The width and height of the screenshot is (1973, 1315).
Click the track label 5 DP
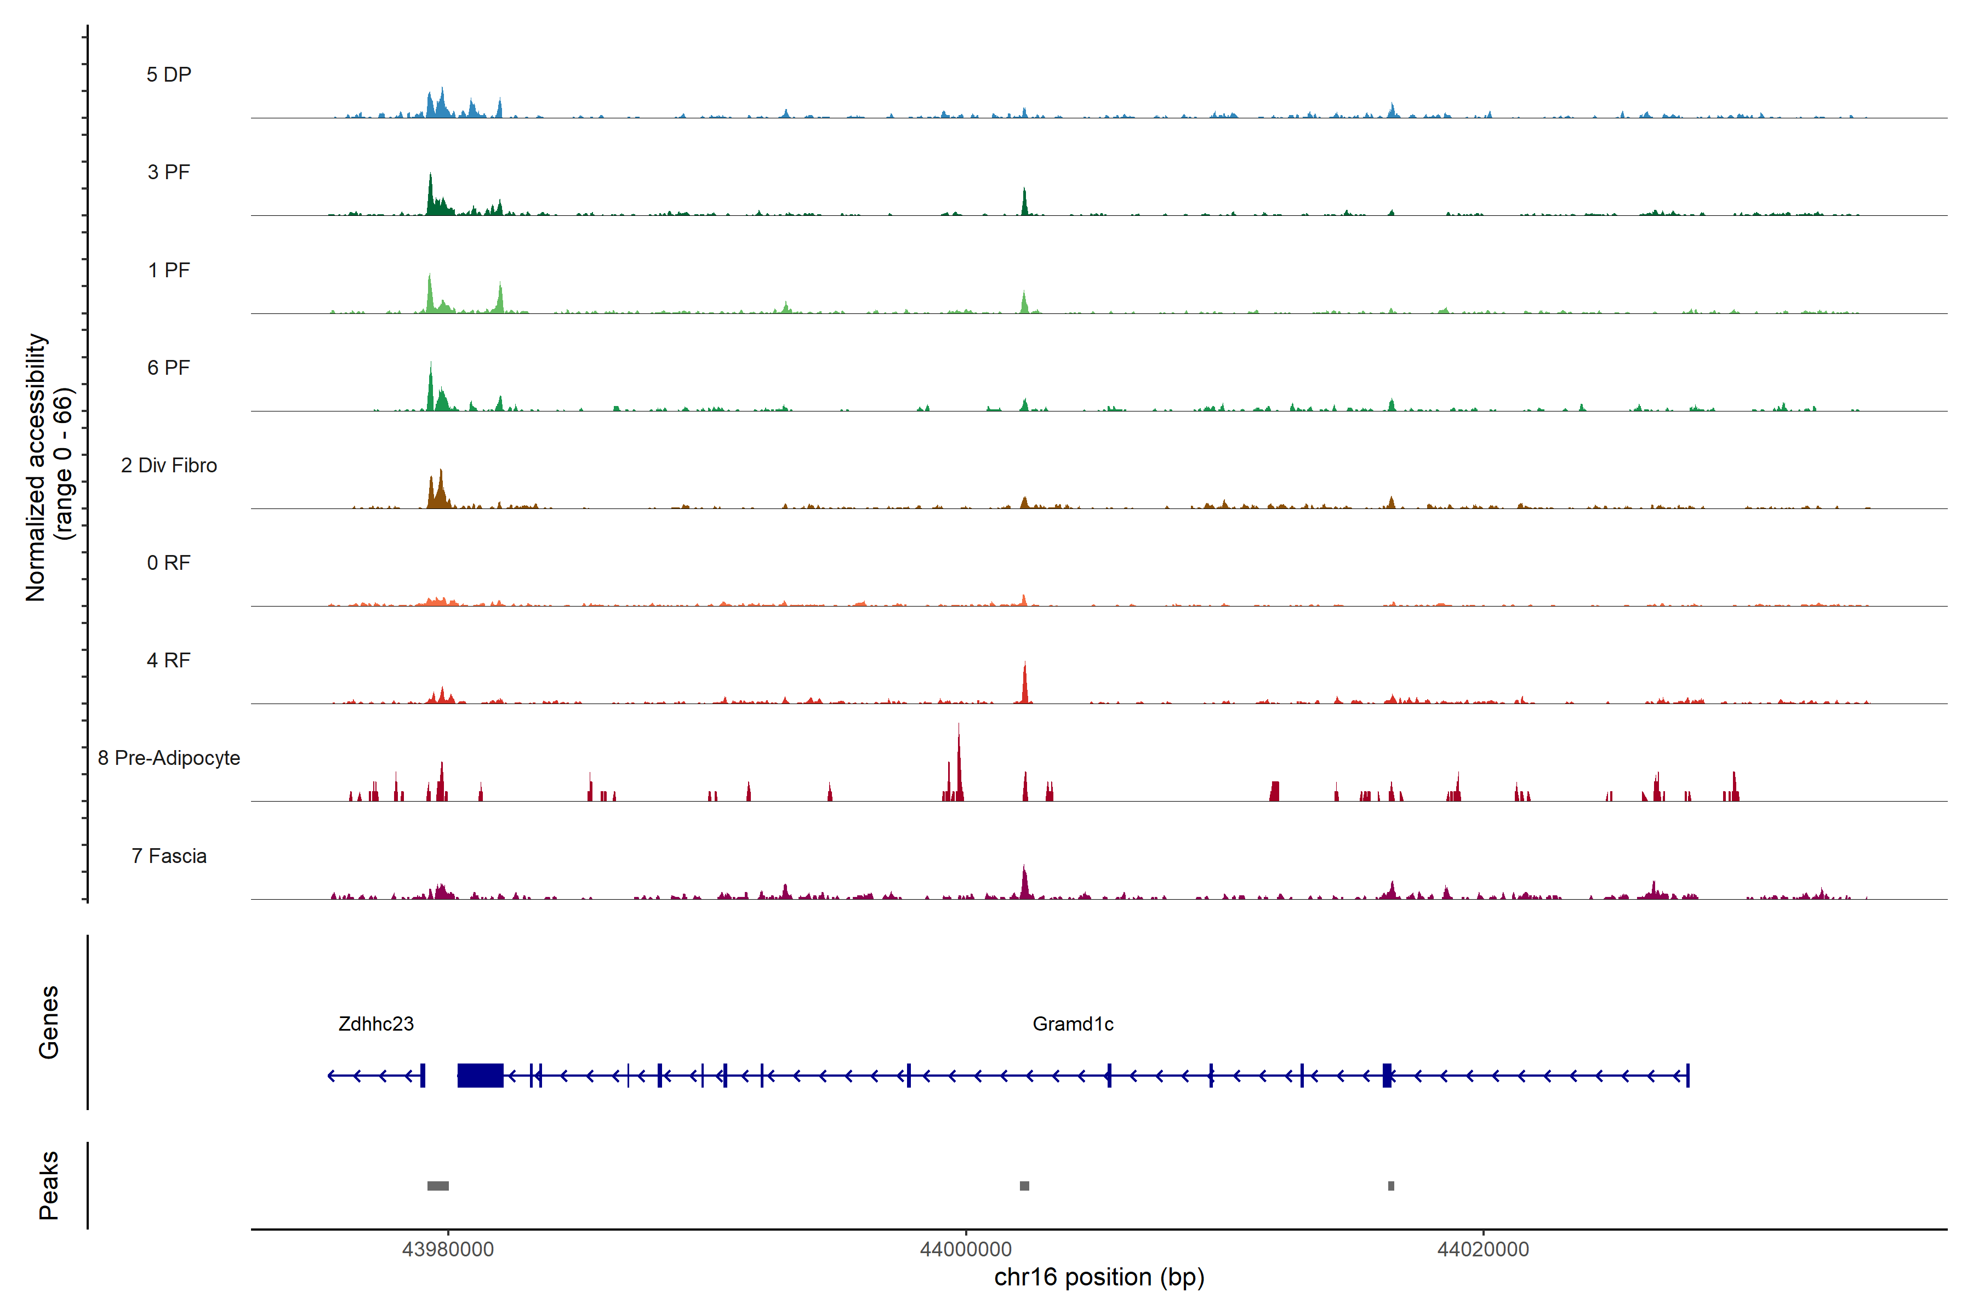pos(169,75)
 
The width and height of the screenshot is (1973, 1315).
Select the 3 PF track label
pos(169,172)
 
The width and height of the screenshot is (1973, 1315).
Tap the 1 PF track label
pos(169,270)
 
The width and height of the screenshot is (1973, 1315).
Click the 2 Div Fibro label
pos(169,465)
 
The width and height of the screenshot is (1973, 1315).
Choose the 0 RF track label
pos(169,563)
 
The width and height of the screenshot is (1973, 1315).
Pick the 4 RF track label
pos(169,660)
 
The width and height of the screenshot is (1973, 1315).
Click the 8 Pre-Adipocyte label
pos(169,758)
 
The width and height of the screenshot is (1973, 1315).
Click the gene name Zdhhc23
pos(376,1024)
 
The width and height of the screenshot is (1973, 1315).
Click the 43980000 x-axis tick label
pos(448,1250)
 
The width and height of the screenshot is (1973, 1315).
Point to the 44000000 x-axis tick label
pos(966,1250)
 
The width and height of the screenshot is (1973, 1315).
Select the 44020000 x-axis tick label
pos(1483,1250)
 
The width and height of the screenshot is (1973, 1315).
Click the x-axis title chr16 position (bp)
pos(1099,1277)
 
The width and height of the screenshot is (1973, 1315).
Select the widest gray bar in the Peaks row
pos(438,1186)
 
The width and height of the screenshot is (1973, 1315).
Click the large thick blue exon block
pos(480,1075)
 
